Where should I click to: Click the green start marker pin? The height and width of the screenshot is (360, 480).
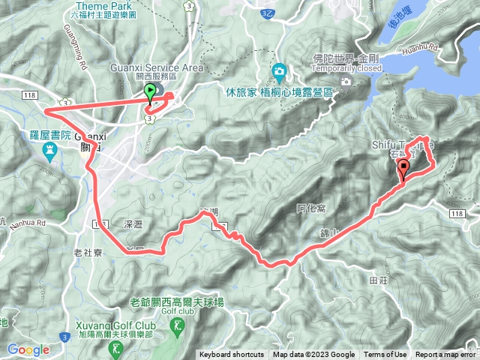[150, 93]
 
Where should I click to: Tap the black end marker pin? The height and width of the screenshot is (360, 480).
[404, 168]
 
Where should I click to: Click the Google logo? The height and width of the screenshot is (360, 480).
[28, 349]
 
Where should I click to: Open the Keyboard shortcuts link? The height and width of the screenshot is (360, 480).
[232, 355]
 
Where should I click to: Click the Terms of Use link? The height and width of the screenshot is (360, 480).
[385, 355]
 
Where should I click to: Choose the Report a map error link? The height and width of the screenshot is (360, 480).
[445, 355]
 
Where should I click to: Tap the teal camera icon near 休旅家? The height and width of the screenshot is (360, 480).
[280, 73]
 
